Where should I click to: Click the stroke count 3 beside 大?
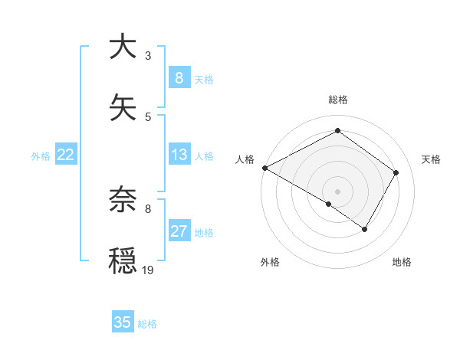[x=148, y=56]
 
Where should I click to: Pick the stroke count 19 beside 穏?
[x=148, y=270]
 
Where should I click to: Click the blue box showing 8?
[x=179, y=77]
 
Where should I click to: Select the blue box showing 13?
[x=179, y=155]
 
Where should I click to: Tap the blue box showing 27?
[x=179, y=231]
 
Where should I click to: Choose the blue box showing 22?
[x=66, y=155]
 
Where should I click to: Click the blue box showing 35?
[x=122, y=322]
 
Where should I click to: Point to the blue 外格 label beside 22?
[x=41, y=156]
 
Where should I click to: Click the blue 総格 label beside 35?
[x=147, y=324]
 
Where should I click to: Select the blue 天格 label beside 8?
[x=203, y=79]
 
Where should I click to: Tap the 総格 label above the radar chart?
[x=337, y=100]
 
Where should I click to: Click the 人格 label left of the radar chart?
[x=245, y=159]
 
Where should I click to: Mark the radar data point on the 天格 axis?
[x=396, y=172]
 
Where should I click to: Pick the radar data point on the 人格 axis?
[x=264, y=167]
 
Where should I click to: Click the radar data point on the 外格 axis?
[x=329, y=204]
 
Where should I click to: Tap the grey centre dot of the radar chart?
[x=337, y=191]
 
